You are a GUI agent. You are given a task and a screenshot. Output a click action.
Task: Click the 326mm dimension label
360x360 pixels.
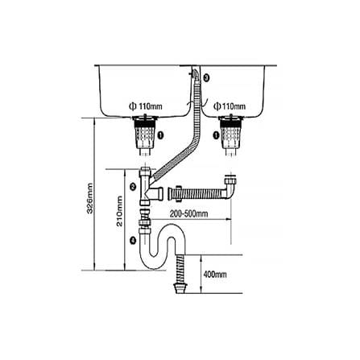point(90,198)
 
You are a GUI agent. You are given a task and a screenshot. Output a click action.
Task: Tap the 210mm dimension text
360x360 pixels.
point(119,211)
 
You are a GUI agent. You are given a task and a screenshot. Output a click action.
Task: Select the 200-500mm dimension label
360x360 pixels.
point(188,213)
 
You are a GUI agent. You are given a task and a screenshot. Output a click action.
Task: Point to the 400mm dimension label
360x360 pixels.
point(215,275)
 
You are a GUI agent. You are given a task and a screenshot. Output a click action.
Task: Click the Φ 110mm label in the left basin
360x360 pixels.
point(146,106)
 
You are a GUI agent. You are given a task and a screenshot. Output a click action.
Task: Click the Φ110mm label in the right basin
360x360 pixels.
point(230,106)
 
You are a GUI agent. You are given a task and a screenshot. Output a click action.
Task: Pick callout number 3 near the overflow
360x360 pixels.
point(206,78)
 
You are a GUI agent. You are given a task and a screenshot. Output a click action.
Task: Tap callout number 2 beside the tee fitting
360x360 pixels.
point(133,187)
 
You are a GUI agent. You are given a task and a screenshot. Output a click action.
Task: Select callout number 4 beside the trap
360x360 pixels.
point(133,240)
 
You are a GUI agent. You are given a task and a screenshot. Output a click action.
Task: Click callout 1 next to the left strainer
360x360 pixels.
point(160,135)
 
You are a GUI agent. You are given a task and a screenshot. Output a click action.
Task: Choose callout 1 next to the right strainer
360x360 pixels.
point(216,135)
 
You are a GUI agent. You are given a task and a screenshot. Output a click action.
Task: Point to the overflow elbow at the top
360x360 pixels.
point(196,73)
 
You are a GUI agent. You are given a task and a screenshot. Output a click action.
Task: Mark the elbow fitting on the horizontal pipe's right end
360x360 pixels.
point(230,187)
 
